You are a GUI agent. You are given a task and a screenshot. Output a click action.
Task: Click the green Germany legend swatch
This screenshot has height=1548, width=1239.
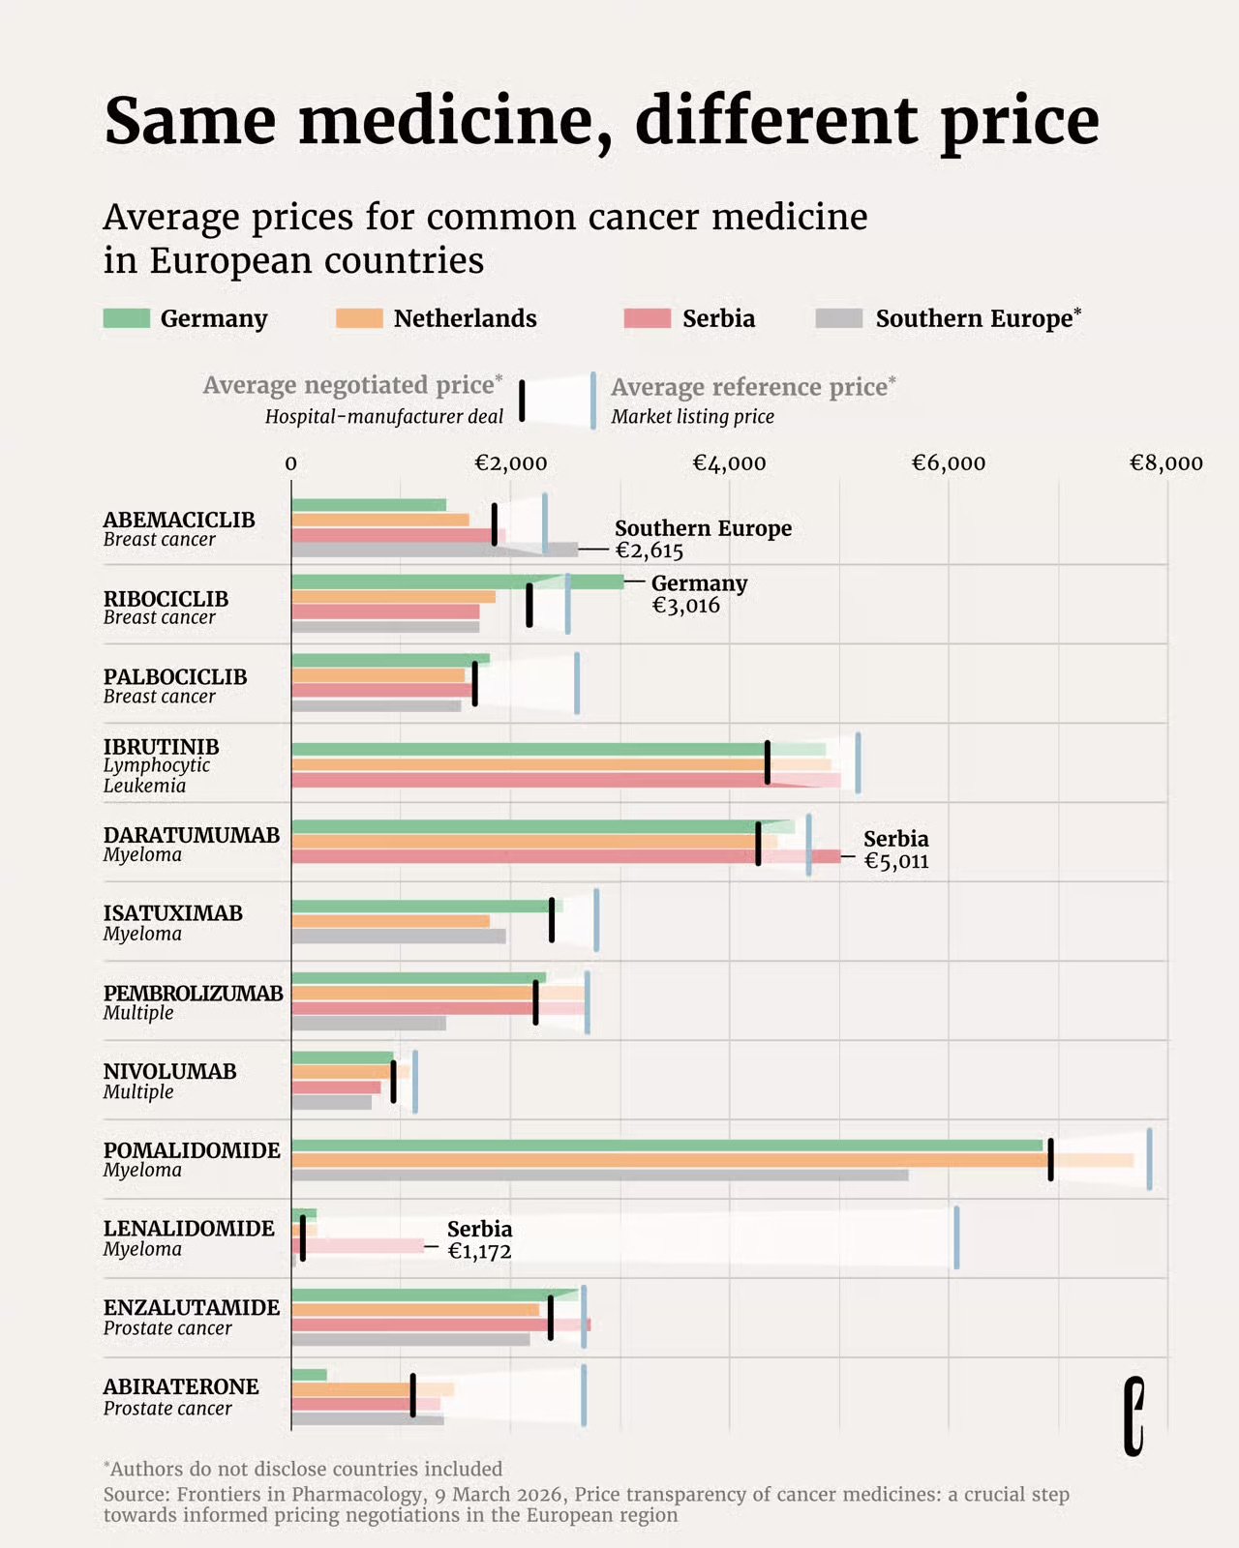click(x=126, y=318)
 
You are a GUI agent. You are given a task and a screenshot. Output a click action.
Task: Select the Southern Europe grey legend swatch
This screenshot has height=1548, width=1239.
click(x=838, y=318)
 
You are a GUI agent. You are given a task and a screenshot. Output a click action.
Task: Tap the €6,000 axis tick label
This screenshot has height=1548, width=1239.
click(x=948, y=463)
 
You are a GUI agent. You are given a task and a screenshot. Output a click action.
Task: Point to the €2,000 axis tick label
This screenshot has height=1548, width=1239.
click(x=510, y=463)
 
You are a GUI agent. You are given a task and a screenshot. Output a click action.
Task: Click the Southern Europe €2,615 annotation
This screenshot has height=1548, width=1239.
click(x=702, y=539)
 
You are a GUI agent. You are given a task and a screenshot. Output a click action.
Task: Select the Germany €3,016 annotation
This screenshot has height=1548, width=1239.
click(x=698, y=594)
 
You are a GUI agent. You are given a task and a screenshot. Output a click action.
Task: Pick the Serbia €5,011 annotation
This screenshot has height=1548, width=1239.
click(x=895, y=849)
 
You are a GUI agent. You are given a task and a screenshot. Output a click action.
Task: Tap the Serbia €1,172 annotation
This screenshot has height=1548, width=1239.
click(x=479, y=1239)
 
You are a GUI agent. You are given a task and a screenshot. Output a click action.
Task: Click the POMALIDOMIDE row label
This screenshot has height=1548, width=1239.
click(x=192, y=1150)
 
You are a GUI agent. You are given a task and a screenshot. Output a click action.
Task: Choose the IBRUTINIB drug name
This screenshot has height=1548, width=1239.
click(x=161, y=746)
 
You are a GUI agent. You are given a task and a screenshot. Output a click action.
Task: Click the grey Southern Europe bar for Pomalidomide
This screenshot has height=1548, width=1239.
click(x=600, y=1176)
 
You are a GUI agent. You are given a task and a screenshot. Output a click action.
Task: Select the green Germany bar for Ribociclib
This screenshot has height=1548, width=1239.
click(x=455, y=581)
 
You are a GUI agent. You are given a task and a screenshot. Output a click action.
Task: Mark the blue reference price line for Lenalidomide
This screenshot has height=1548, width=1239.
click(x=956, y=1236)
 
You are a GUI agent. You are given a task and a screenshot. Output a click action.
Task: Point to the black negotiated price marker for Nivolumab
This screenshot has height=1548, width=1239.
click(x=393, y=1081)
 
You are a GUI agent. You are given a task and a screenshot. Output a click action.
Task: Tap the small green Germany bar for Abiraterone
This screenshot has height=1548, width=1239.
click(x=309, y=1375)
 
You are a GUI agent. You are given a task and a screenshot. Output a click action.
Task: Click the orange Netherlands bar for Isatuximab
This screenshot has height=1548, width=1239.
click(x=390, y=921)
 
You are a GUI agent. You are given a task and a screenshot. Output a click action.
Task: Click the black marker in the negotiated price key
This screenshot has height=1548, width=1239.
click(x=522, y=401)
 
